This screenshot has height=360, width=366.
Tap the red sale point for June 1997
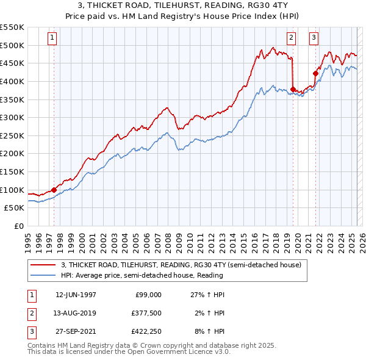[54, 190]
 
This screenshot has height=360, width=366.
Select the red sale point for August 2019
[293, 90]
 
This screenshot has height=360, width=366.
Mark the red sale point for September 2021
[316, 73]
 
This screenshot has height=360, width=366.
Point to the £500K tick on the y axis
[12, 45]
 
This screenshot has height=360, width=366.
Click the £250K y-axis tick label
[12, 135]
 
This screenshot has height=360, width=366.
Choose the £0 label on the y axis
[18, 226]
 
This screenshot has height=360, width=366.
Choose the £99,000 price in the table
[148, 295]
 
